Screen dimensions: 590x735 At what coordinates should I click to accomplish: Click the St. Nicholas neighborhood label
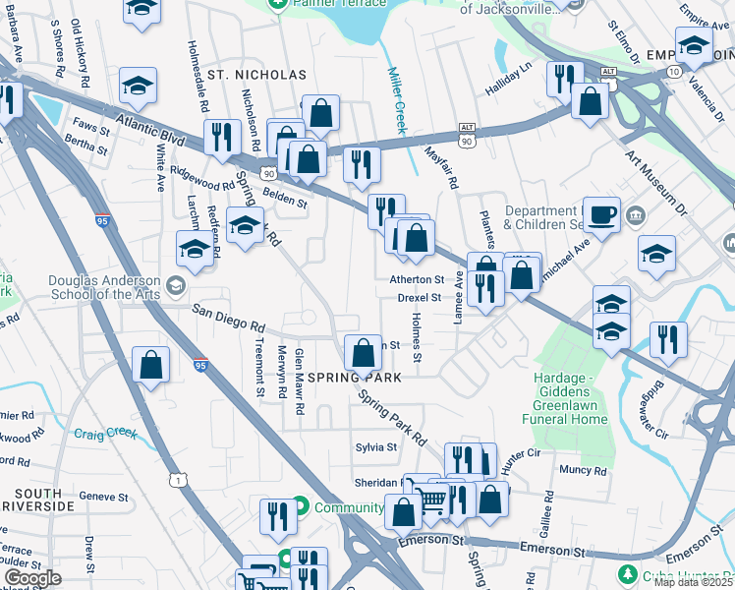[x=243, y=75]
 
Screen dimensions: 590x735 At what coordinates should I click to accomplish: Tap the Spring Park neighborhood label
[x=355, y=378]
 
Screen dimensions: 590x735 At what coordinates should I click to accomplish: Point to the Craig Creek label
[x=107, y=432]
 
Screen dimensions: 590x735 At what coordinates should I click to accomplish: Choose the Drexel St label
[x=421, y=297]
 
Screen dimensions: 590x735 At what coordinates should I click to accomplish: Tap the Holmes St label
[x=417, y=337]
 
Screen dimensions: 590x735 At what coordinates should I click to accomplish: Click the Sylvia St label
[x=375, y=446]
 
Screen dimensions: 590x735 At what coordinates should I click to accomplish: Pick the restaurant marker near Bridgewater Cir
[x=668, y=339]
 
